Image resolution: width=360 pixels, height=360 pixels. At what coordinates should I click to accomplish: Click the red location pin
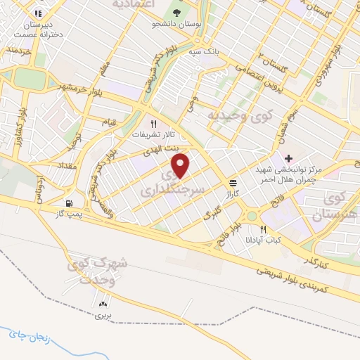181,166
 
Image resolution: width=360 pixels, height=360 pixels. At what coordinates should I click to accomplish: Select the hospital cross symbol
288,157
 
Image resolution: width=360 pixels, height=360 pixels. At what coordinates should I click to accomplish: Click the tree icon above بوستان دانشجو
176,12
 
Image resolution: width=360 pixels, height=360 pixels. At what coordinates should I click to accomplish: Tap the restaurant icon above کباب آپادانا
264,229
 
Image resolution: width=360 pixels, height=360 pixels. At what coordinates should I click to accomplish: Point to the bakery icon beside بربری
104,304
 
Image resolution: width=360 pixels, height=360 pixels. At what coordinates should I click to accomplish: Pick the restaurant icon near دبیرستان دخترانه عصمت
37,13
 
